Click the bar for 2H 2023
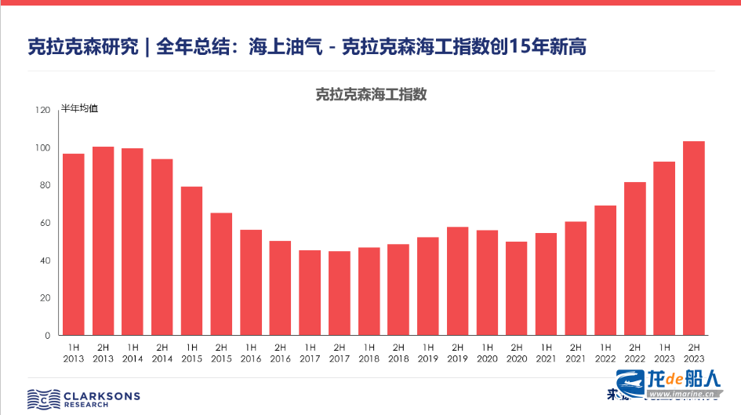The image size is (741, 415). (x=693, y=238)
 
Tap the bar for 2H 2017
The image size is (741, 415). (x=340, y=293)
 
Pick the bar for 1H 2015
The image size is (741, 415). (x=191, y=261)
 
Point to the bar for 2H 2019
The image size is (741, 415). (x=457, y=281)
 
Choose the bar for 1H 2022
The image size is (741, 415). (x=605, y=271)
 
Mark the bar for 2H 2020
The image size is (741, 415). (x=517, y=289)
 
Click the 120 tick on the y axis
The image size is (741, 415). (x=42, y=111)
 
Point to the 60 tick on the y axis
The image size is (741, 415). (x=45, y=224)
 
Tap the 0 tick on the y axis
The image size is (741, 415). (x=48, y=336)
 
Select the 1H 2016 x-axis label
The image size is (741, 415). (x=251, y=353)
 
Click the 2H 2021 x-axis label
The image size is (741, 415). (x=576, y=353)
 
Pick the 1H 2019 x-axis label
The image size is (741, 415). (x=428, y=353)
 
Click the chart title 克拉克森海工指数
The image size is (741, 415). (x=371, y=94)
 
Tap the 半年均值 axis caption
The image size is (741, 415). (x=80, y=109)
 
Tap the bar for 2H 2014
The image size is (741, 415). (x=162, y=247)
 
